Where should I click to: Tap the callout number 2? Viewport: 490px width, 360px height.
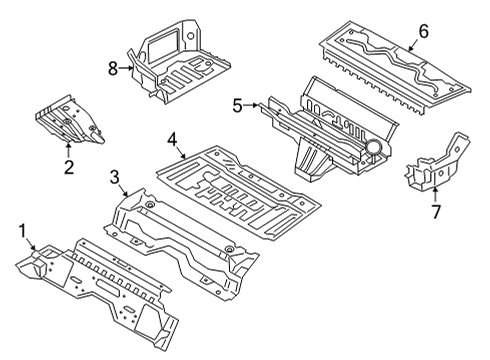[68, 167]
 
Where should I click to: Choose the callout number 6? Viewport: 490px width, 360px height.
[423, 31]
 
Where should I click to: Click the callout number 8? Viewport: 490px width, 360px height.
[113, 67]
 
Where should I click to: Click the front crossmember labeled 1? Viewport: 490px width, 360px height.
[100, 285]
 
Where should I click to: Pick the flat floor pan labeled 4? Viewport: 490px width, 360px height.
[240, 185]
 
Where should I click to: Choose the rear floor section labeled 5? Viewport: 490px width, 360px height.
[320, 125]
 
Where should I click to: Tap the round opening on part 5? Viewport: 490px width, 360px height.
[374, 148]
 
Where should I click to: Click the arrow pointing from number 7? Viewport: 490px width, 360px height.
[435, 193]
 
